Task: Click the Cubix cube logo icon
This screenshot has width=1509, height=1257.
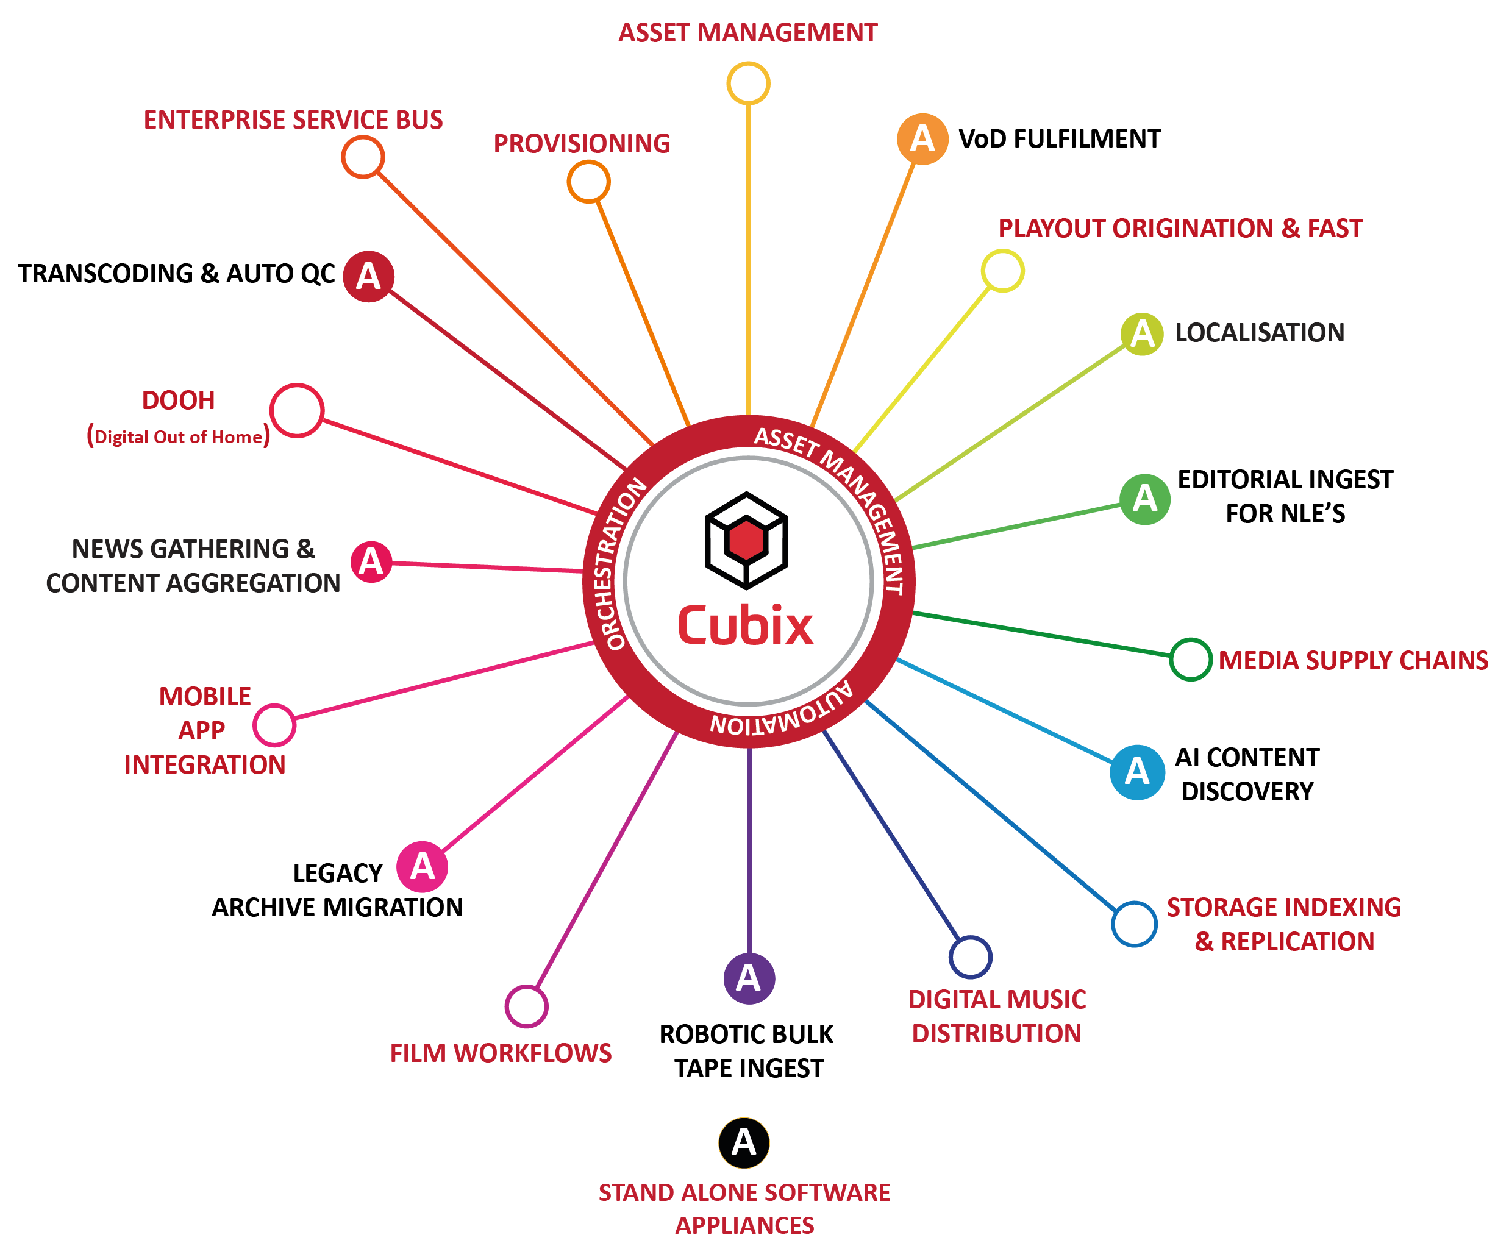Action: click(x=747, y=540)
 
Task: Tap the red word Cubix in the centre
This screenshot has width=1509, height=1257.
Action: click(x=746, y=625)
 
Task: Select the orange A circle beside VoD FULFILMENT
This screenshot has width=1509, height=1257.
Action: click(x=922, y=138)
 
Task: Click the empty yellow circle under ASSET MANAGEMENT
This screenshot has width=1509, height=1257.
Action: click(x=748, y=84)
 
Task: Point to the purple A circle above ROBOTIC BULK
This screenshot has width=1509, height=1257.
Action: click(x=749, y=978)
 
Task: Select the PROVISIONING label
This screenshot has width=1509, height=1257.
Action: click(x=581, y=144)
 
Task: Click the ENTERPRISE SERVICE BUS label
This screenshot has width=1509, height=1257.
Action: click(x=293, y=120)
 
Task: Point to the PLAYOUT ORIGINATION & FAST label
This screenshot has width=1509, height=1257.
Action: click(x=1180, y=229)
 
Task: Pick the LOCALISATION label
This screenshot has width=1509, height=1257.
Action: click(x=1259, y=333)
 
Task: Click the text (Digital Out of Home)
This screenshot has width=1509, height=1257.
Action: click(x=178, y=436)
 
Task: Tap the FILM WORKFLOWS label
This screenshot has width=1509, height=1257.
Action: click(x=500, y=1053)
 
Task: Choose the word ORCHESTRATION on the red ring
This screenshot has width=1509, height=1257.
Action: click(x=616, y=564)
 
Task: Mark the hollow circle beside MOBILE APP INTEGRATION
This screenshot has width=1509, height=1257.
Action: click(x=274, y=725)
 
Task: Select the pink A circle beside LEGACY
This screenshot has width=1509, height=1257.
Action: click(x=423, y=867)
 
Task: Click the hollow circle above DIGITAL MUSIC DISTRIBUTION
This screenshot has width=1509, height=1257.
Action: click(x=970, y=956)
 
